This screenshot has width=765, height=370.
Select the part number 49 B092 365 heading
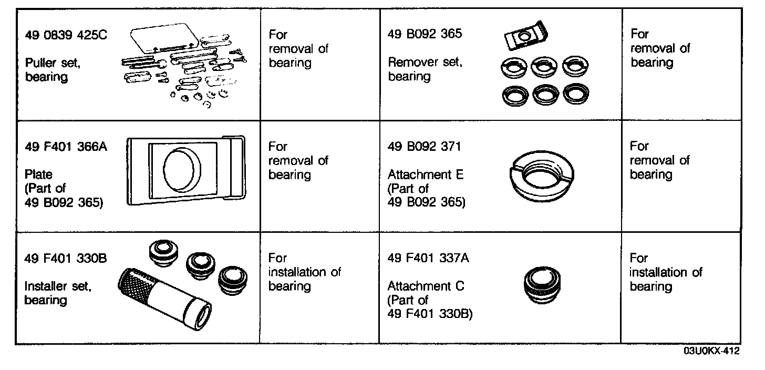click(425, 34)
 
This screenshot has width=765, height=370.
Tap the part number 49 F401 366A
click(66, 147)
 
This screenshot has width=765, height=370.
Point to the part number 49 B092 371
click(424, 147)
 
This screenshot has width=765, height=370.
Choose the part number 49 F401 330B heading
click(66, 259)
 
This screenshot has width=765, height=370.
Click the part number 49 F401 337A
click(428, 259)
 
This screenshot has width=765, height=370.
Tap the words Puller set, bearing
click(53, 70)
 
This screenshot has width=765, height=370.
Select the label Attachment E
click(426, 174)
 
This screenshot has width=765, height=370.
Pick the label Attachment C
click(426, 286)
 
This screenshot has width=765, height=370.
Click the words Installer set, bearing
click(58, 293)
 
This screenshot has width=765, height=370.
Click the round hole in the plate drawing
click(182, 172)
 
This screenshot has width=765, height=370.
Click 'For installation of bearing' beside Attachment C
click(665, 272)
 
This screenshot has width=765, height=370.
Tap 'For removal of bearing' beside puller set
click(298, 49)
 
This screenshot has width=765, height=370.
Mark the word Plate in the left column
click(39, 174)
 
